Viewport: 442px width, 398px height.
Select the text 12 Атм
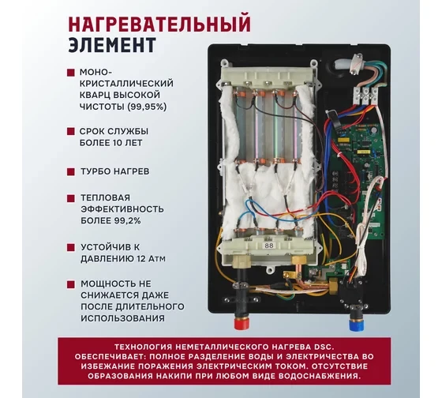[x=144, y=259]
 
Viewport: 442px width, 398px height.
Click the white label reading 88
[x=269, y=246]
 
